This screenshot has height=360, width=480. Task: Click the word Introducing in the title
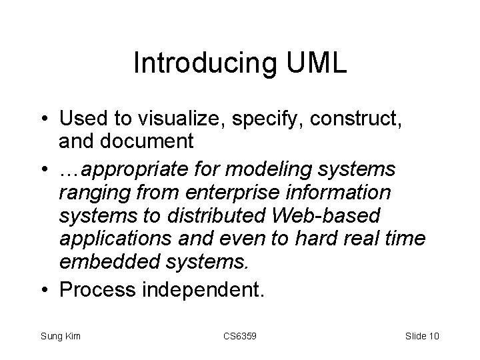[194, 63]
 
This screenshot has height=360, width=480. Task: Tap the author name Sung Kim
[60, 335]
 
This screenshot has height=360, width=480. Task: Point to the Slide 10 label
[422, 335]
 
